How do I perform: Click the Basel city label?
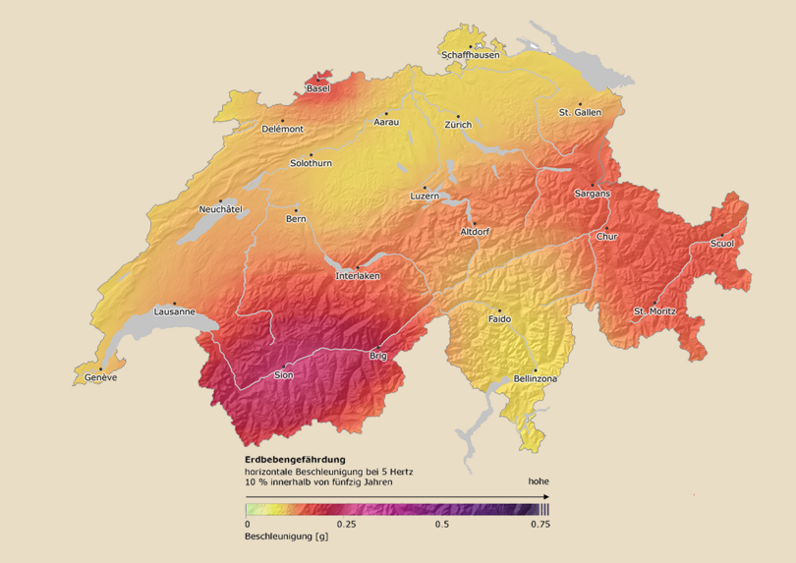tap(317, 88)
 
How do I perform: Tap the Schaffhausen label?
tap(471, 55)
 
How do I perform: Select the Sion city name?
tap(284, 374)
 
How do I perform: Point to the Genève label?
tap(100, 377)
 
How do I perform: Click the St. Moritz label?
tap(654, 311)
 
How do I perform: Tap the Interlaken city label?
tap(358, 276)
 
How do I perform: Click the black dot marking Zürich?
tap(457, 116)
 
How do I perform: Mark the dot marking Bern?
tap(296, 209)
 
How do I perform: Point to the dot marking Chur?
tap(606, 228)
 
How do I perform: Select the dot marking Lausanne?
tap(175, 304)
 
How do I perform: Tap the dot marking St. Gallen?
tap(580, 104)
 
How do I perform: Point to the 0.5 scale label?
tap(441, 524)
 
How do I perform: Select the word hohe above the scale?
tap(538, 481)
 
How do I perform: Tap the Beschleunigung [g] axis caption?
tap(285, 537)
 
